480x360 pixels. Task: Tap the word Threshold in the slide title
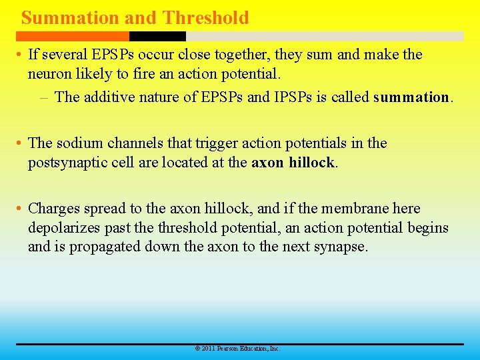tap(205, 17)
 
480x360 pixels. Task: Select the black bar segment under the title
tap(157, 37)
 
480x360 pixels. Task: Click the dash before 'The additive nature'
tap(44, 97)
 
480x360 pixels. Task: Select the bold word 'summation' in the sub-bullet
tap(411, 97)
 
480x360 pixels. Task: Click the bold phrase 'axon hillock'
tap(293, 163)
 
